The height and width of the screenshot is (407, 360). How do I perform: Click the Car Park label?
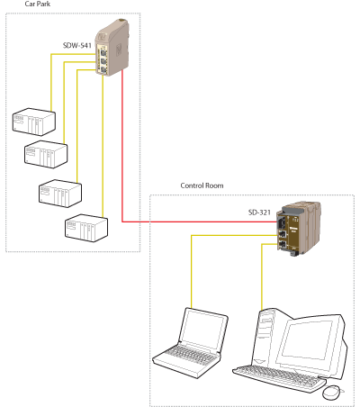coord(38,4)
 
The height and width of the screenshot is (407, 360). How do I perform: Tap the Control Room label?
coord(202,185)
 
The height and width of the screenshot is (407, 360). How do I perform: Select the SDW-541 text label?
coord(76,45)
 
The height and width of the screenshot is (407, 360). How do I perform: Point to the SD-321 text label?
coord(259,213)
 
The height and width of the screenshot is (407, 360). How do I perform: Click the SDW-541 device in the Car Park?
coord(112,48)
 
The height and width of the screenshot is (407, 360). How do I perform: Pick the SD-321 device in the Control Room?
coord(299,229)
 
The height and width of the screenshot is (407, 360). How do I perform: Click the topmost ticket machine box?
coord(34,122)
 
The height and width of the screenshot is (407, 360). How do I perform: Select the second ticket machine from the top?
coord(46,155)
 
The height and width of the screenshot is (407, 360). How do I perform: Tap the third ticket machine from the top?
coord(60,194)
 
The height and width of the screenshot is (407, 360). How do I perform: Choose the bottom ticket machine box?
coord(86,228)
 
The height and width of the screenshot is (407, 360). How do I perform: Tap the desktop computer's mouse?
coord(332,393)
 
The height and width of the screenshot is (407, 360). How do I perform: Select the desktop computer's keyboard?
coord(279,377)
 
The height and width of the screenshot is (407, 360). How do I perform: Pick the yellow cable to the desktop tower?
coord(262,276)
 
